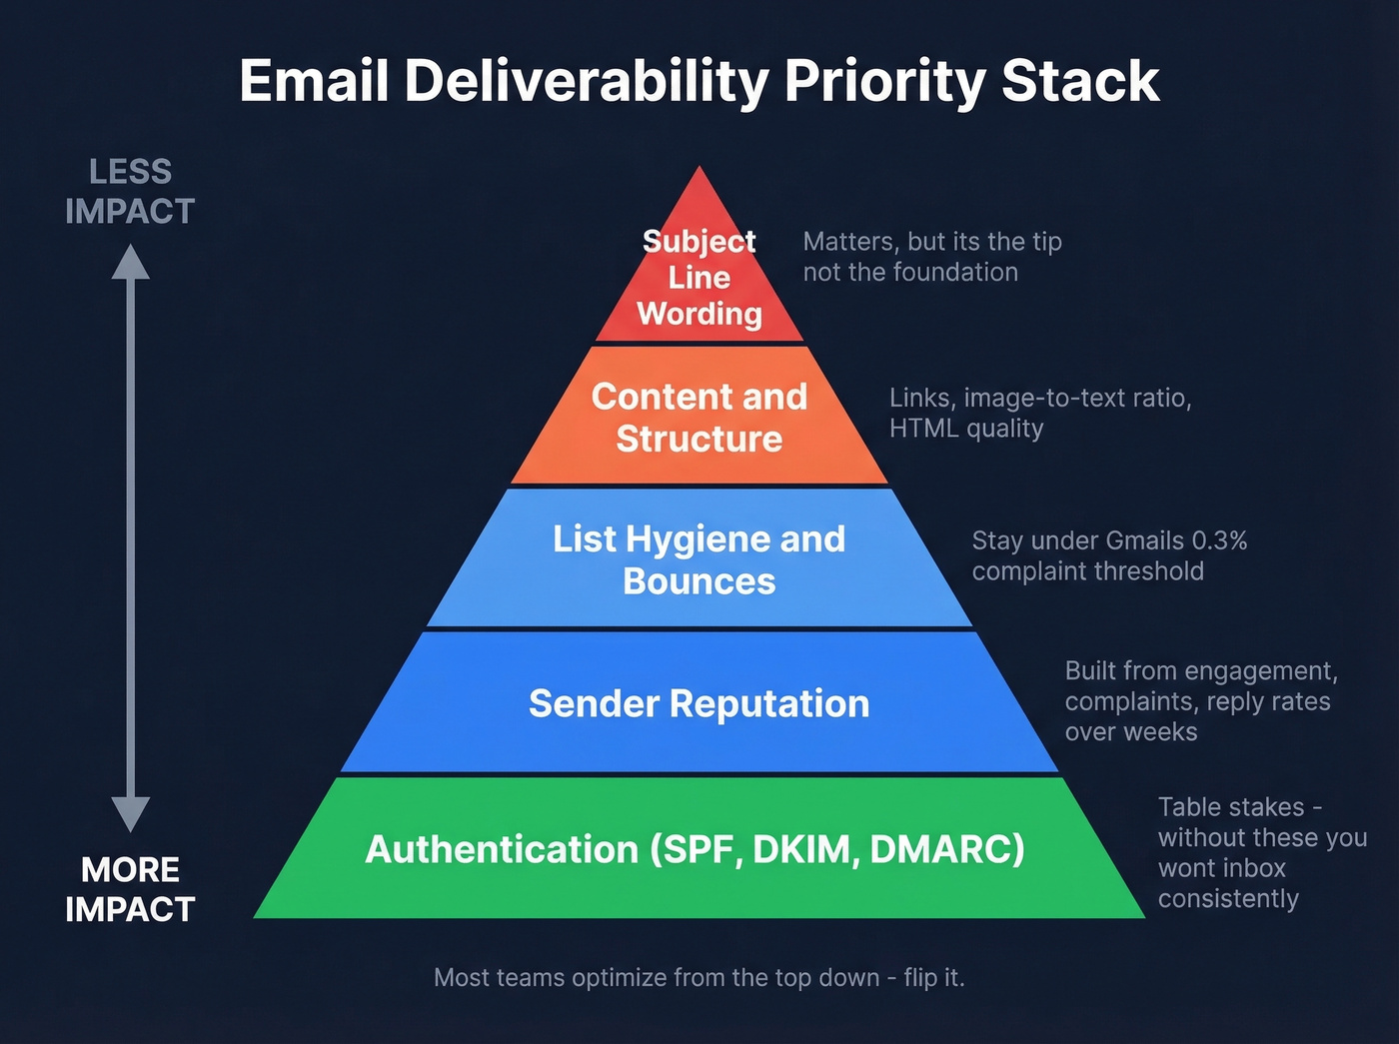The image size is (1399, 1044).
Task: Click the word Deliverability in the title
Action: click(586, 82)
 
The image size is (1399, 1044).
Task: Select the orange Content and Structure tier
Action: click(699, 417)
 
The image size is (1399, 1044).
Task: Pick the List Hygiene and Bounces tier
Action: click(699, 559)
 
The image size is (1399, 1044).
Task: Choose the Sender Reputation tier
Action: click(699, 703)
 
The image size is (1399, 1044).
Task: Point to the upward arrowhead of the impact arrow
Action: click(130, 262)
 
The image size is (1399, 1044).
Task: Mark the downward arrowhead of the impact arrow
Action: click(130, 813)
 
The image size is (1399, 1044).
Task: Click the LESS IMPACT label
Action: click(130, 191)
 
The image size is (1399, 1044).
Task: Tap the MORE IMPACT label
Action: click(130, 889)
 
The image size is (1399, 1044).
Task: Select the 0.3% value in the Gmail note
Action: click(1219, 540)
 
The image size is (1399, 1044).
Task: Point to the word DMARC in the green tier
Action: click(946, 849)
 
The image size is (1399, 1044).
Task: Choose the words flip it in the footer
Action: click(933, 977)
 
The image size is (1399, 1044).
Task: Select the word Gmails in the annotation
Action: click(1145, 540)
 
